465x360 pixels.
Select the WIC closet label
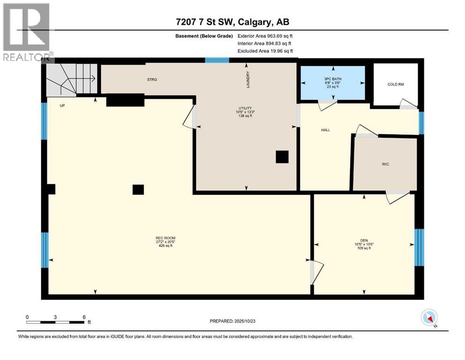point(385,164)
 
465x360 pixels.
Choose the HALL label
point(325,130)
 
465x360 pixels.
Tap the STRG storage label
point(152,80)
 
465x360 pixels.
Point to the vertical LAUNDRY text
point(249,79)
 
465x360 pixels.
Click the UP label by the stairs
point(61,105)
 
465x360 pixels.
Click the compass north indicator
point(429,318)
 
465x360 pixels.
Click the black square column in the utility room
point(282,157)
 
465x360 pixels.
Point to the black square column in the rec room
point(138,189)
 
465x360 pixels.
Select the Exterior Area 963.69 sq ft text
point(266,36)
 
